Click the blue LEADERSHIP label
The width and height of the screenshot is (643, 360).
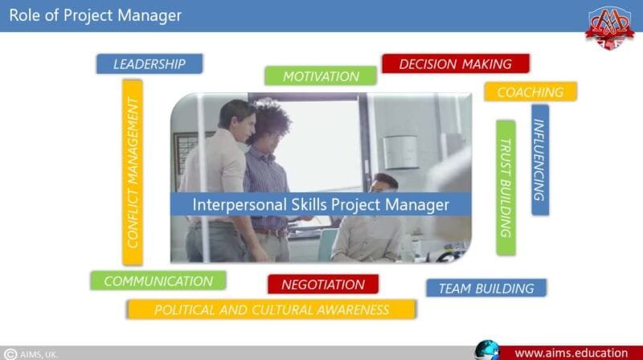tap(149, 63)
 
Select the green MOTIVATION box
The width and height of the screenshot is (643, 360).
tap(321, 76)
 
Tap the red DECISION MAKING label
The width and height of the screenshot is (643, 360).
tap(455, 64)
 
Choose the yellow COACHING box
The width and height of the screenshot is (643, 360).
tap(530, 92)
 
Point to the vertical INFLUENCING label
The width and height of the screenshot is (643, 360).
tap(540, 160)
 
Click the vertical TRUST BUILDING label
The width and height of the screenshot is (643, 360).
tap(506, 187)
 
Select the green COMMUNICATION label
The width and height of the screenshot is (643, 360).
tap(158, 280)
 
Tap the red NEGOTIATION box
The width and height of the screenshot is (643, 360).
tap(323, 284)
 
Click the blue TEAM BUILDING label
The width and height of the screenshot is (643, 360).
tap(485, 288)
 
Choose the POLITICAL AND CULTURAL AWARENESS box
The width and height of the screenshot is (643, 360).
tap(271, 309)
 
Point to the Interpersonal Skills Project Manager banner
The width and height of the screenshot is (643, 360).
tap(321, 204)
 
